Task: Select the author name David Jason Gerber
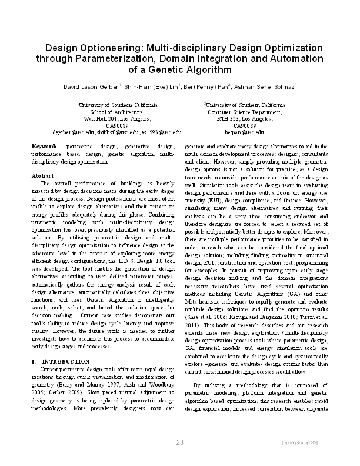91,87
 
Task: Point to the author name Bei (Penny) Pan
207,87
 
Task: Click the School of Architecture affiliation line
109,112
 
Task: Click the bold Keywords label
44,145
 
